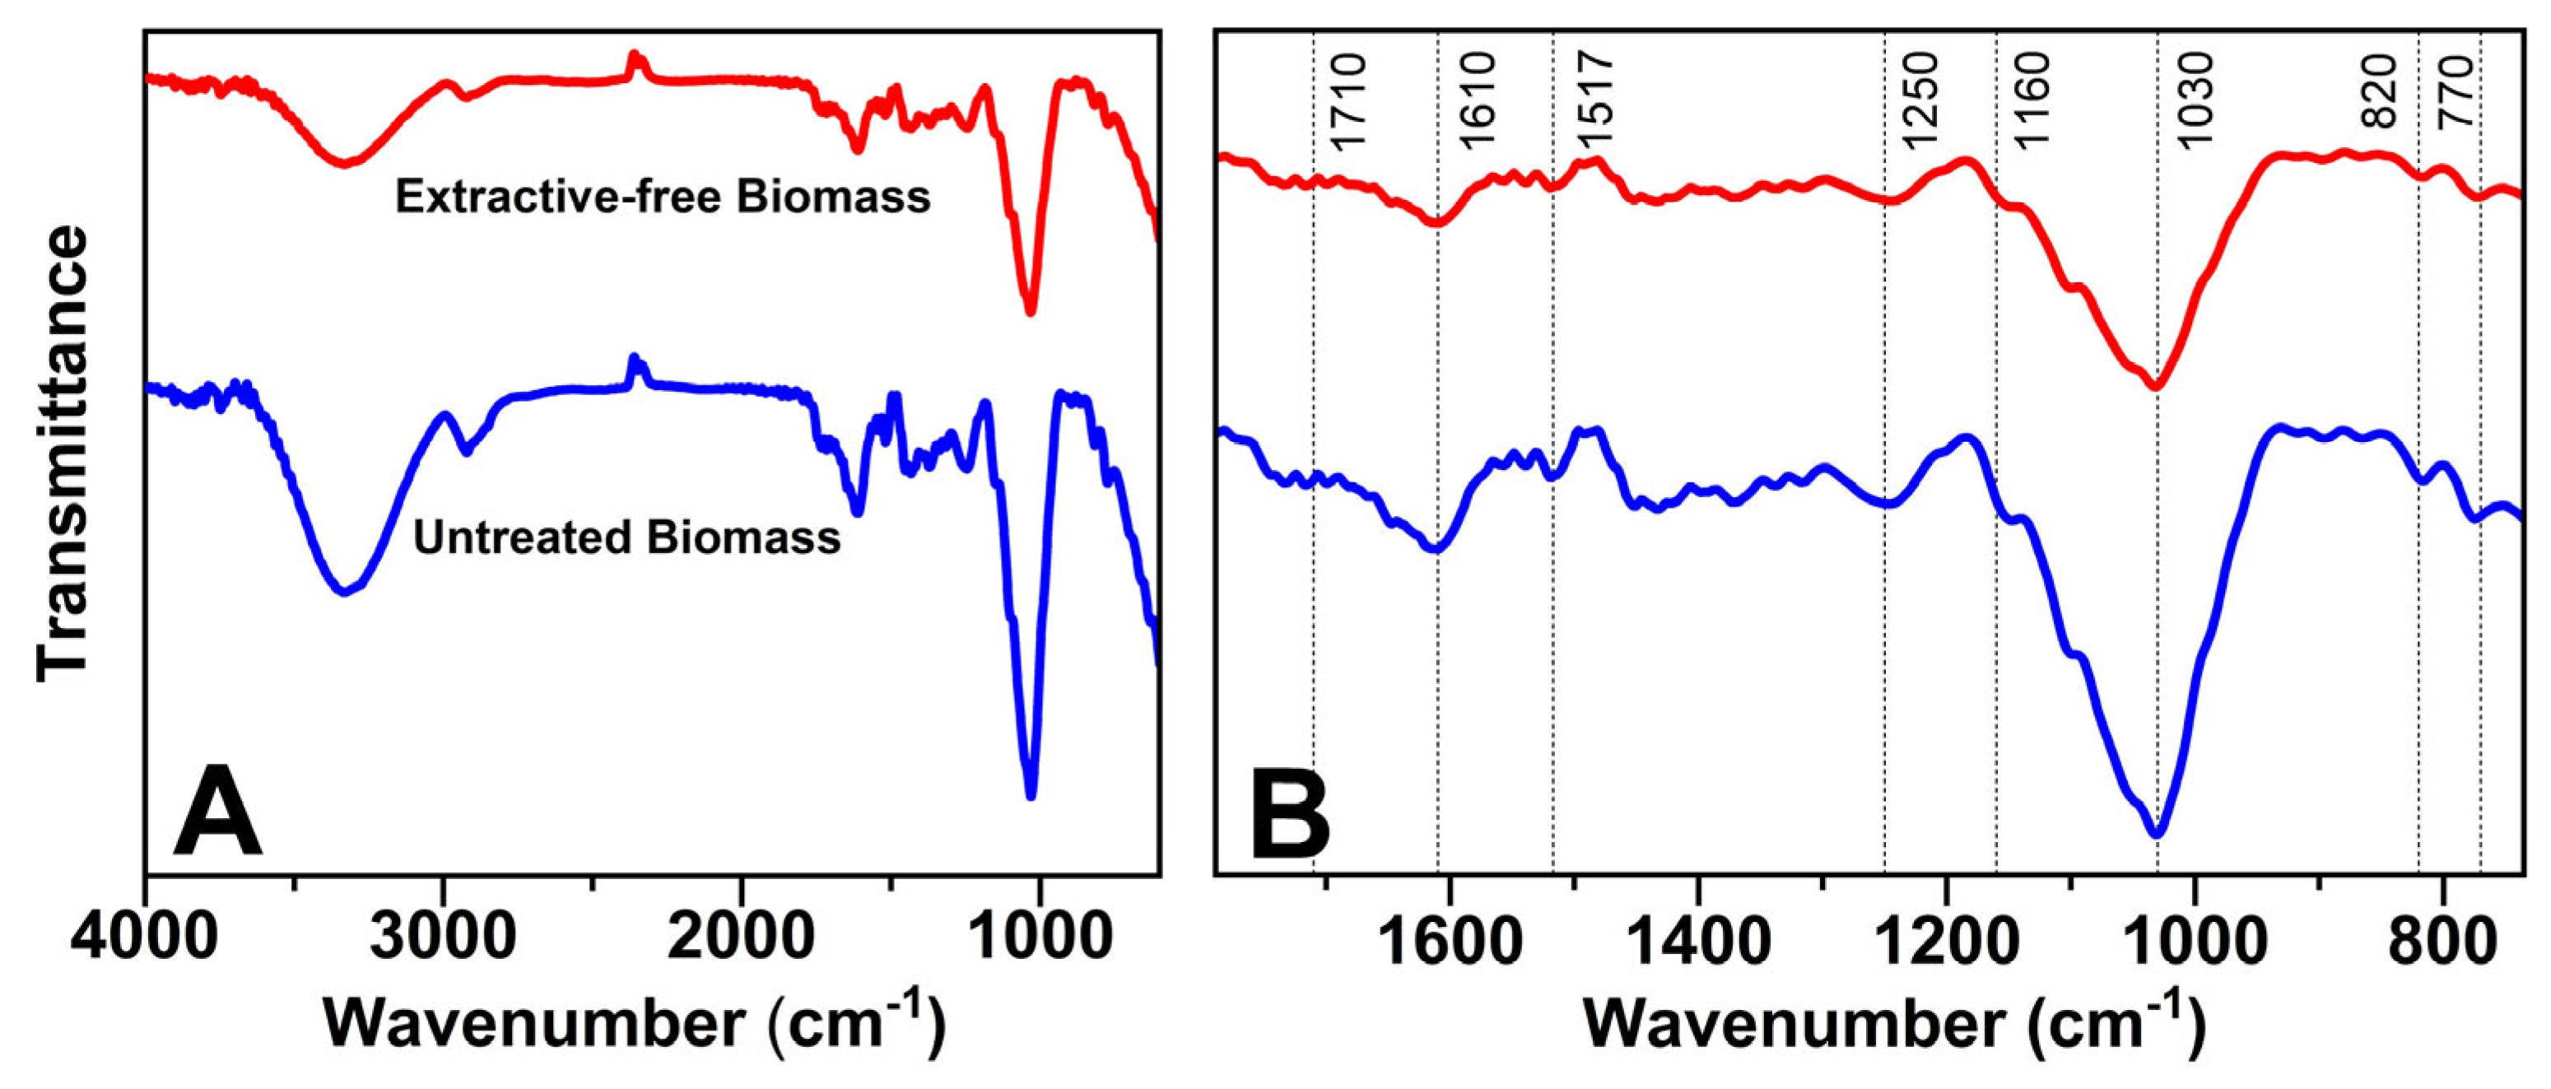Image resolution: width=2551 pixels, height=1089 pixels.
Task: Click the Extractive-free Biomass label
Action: [x=663, y=197]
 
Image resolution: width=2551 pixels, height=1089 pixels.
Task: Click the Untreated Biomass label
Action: [x=627, y=538]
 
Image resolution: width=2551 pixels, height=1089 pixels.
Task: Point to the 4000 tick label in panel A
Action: [x=145, y=937]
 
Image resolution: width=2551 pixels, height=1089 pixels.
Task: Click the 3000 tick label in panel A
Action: [x=443, y=937]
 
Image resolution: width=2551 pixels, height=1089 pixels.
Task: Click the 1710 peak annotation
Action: [x=1348, y=103]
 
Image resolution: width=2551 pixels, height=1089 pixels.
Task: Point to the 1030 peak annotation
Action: [x=2193, y=103]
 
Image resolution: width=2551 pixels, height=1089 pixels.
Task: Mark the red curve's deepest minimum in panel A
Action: [x=1031, y=312]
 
